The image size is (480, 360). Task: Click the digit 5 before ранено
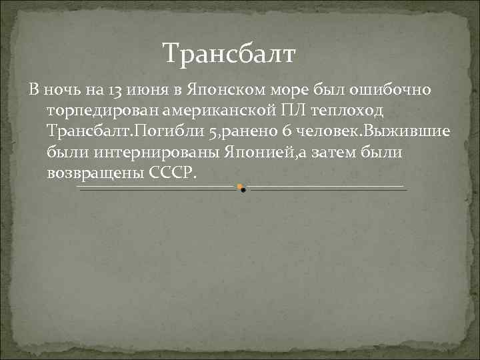(213, 131)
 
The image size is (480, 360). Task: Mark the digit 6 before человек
(295, 131)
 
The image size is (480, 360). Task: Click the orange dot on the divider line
(239, 186)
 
